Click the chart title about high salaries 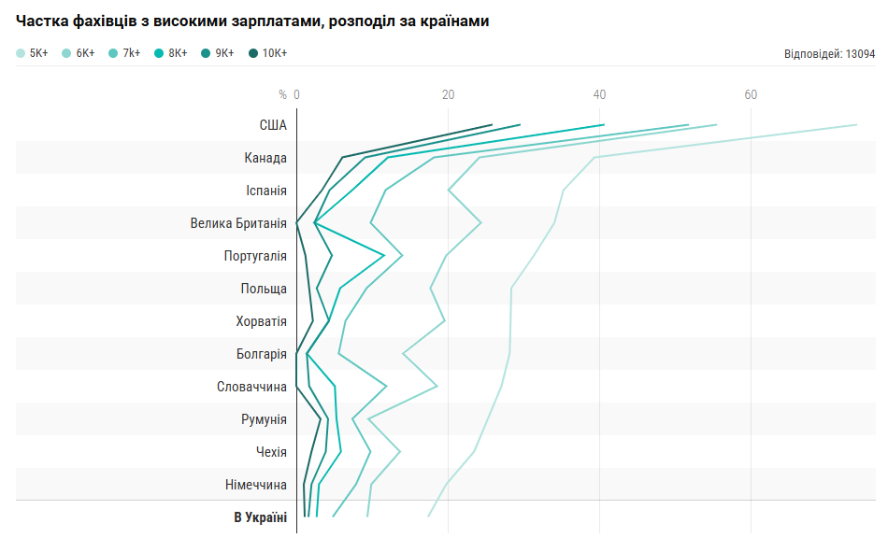click(x=252, y=21)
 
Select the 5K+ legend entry click(x=33, y=53)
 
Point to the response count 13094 click(x=829, y=54)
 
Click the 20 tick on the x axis click(x=449, y=94)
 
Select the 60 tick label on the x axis click(x=751, y=94)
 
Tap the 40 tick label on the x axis click(x=599, y=94)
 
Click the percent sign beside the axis click(x=283, y=94)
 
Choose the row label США click(x=273, y=125)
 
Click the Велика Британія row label click(x=238, y=223)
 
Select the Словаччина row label click(x=251, y=387)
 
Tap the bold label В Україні click(x=260, y=517)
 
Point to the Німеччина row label click(x=256, y=485)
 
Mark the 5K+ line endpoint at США click(x=856, y=124)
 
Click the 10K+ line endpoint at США click(x=492, y=124)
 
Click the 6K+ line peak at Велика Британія click(x=480, y=222)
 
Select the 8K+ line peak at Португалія click(x=384, y=255)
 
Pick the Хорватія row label click(x=262, y=321)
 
